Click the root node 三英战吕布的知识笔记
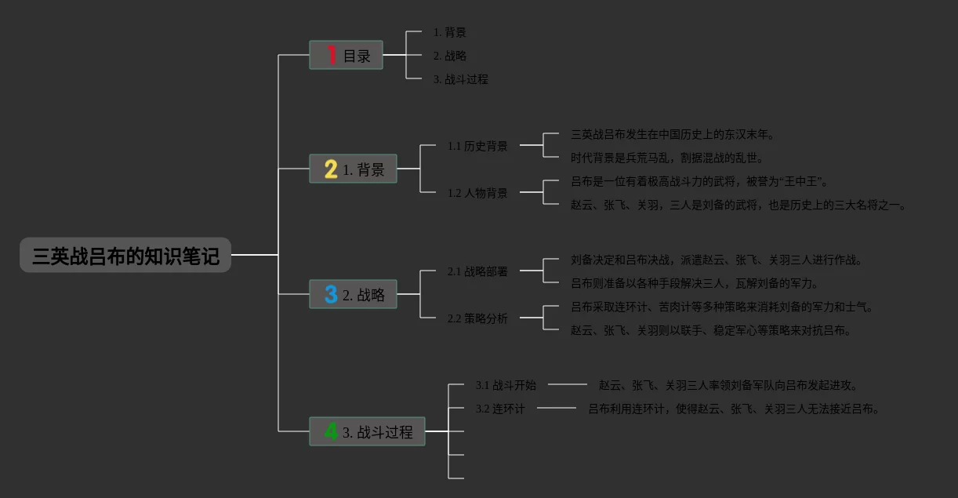point(125,256)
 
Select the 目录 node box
point(346,56)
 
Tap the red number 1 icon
point(332,56)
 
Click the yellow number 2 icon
point(331,169)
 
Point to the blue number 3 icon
point(331,295)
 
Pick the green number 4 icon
point(332,432)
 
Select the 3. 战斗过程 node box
point(367,432)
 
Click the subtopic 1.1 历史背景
point(477,146)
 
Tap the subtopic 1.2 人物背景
point(477,193)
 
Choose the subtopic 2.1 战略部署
point(477,271)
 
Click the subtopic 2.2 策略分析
point(477,318)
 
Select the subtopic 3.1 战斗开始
point(506,385)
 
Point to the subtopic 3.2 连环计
point(500,409)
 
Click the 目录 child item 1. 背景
point(449,32)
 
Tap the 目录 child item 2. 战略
point(449,56)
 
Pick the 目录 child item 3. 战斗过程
point(460,79)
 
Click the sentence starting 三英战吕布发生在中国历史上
point(673,135)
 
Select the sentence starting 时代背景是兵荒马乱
point(666,158)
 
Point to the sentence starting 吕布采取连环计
point(721,307)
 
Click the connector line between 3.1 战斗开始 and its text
point(567,384)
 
